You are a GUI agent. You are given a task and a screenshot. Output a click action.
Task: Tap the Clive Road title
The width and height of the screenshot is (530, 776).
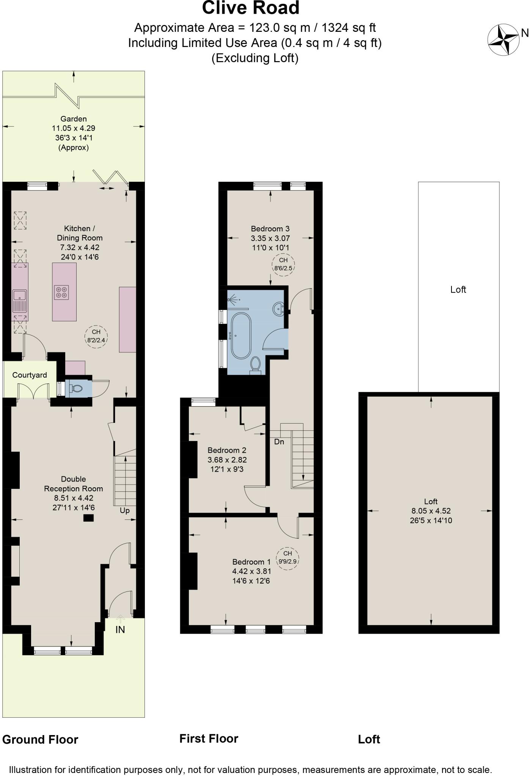[250, 8]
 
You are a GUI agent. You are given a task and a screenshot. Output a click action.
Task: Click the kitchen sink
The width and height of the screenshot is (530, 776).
[19, 296]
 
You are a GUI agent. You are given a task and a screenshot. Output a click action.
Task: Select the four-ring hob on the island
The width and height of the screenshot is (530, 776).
[61, 292]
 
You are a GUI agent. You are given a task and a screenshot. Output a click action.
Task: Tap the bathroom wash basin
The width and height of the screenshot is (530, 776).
[279, 309]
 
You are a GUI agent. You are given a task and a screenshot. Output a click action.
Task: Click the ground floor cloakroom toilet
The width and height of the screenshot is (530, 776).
[76, 388]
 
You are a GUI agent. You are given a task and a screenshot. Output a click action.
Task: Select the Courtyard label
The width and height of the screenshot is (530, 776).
[30, 375]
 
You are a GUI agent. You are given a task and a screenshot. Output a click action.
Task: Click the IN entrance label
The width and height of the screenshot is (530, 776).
[120, 629]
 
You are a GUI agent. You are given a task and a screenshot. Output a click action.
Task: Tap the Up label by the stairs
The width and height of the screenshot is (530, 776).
[124, 511]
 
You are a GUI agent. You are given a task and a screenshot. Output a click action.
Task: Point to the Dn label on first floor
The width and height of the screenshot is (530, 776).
[279, 442]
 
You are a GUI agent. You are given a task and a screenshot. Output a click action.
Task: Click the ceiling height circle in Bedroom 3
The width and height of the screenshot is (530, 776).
[283, 264]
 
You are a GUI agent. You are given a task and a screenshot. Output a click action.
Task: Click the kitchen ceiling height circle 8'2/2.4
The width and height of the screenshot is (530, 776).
[96, 336]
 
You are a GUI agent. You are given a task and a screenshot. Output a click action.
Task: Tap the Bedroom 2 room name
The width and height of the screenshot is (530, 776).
[227, 450]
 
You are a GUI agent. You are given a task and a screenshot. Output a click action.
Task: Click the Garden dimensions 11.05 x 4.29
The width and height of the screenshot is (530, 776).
[74, 128]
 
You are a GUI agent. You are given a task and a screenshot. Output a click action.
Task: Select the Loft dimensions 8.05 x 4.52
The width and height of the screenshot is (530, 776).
[431, 511]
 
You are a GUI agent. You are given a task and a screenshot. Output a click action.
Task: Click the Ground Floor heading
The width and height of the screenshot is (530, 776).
[40, 739]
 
